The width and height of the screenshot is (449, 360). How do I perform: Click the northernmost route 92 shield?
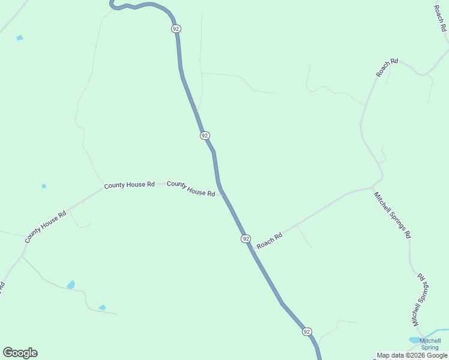click(x=175, y=28)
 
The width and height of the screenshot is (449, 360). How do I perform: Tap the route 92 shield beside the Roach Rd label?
click(x=246, y=239)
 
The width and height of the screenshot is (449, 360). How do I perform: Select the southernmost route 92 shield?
click(x=307, y=332)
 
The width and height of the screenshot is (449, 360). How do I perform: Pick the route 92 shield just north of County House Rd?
click(x=205, y=136)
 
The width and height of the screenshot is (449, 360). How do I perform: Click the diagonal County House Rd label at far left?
click(x=45, y=227)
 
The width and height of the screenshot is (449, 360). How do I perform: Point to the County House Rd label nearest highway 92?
click(x=191, y=188)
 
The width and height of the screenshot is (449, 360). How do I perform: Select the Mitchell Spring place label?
click(x=430, y=344)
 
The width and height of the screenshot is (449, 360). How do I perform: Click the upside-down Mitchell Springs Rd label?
click(x=421, y=300)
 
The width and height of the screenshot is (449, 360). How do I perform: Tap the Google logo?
click(x=20, y=353)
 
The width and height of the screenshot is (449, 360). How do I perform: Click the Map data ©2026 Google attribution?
click(x=411, y=355)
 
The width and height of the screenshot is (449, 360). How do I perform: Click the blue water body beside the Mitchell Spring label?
click(x=415, y=340)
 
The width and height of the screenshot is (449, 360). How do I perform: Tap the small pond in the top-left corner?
click(x=20, y=38)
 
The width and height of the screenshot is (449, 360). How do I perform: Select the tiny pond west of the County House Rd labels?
click(x=44, y=186)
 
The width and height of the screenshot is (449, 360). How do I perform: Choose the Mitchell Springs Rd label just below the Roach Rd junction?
click(x=392, y=215)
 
